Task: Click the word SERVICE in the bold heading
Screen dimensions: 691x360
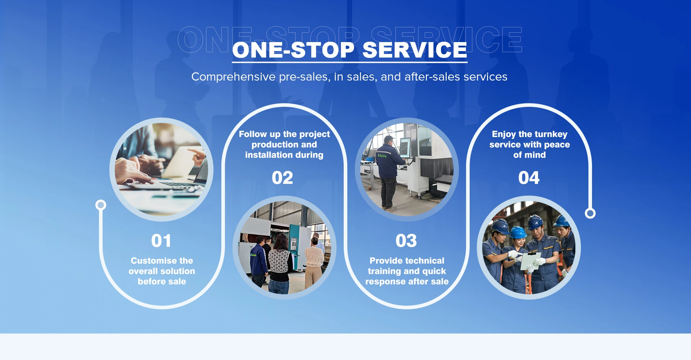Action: (x=415, y=50)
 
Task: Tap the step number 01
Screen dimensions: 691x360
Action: (x=161, y=241)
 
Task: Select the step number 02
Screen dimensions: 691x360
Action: (x=283, y=178)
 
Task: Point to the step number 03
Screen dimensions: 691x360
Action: (x=406, y=241)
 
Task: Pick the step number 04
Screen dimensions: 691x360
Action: (x=529, y=178)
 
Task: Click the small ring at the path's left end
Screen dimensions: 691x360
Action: (x=101, y=205)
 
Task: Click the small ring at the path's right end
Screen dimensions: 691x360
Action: (x=590, y=213)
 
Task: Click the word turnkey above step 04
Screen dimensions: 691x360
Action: (x=551, y=135)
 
